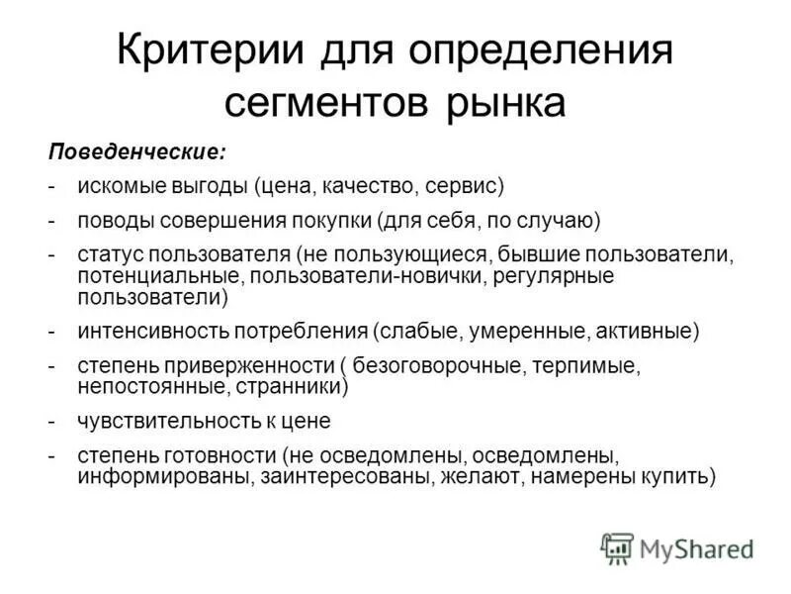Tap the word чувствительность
(163, 421)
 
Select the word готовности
(223, 456)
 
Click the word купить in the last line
(679, 476)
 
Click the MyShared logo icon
(618, 547)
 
